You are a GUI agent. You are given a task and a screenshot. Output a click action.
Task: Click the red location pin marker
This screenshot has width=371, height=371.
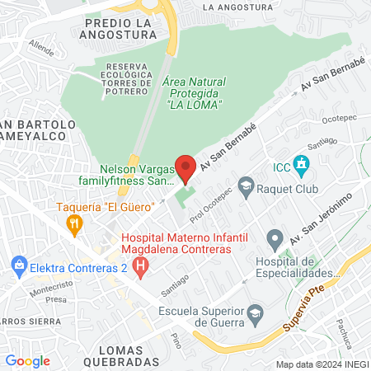[185, 167]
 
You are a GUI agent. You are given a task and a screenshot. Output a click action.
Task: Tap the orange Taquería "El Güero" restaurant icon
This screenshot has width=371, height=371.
[77, 223]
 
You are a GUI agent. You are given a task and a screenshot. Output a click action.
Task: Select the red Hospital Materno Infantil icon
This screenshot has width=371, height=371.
[141, 265]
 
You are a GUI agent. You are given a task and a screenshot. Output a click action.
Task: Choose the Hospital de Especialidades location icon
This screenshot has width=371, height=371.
[275, 241]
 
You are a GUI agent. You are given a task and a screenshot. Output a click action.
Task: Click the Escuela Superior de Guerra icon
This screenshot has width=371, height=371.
[256, 312]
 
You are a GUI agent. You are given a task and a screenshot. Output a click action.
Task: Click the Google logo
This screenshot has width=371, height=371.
[27, 361]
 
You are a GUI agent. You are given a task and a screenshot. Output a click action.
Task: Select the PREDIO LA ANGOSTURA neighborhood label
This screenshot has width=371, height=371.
[120, 30]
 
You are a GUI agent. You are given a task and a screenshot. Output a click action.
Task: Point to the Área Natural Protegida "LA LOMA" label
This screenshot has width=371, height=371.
[190, 94]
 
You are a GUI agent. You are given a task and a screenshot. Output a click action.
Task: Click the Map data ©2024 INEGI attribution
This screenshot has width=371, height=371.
[321, 364]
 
